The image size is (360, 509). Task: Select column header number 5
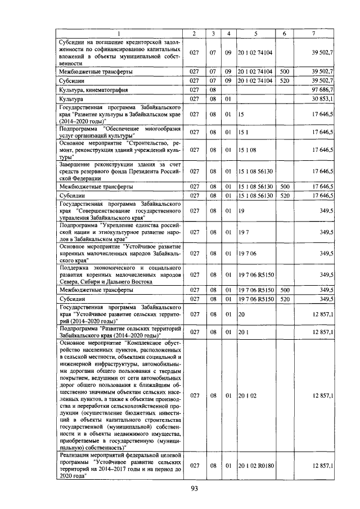255,34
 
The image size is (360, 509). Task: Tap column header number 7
314,34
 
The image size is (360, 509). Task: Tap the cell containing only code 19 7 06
247,254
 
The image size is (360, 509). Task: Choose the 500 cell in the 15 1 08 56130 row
284,186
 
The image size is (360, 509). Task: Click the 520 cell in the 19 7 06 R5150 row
284,299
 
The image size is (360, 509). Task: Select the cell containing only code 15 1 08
247,150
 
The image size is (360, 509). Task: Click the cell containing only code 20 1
243,332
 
